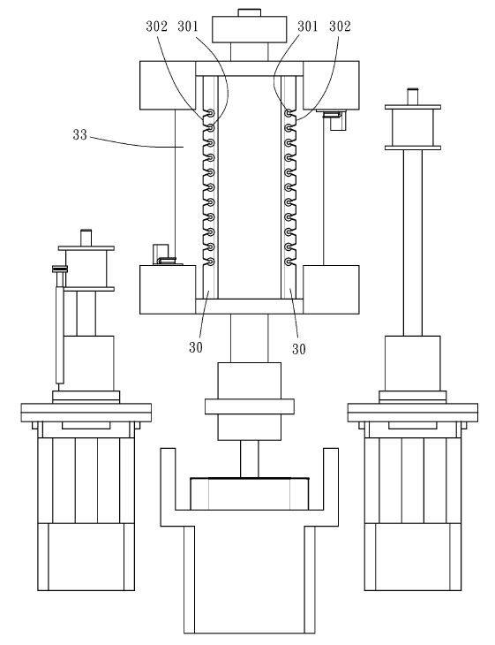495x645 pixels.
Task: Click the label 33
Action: tap(79, 135)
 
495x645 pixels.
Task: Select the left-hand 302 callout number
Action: tap(156, 27)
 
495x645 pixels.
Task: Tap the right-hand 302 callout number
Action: tap(340, 27)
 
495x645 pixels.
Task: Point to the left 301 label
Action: tap(188, 27)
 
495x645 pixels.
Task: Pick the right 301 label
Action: tap(308, 27)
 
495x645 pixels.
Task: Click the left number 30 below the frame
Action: tap(196, 347)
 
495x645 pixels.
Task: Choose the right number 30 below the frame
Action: tap(298, 349)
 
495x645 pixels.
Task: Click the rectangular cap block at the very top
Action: tap(249, 29)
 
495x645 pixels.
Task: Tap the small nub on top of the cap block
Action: tap(249, 12)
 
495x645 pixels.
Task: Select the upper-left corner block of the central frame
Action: tap(168, 86)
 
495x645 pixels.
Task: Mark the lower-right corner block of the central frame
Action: tap(331, 290)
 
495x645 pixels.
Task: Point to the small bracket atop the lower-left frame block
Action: tap(165, 255)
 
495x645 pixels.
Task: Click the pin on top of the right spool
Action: tap(412, 96)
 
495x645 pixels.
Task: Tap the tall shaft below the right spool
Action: tap(412, 243)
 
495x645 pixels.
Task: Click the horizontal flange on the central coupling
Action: tap(250, 406)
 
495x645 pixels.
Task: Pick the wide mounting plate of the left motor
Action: tap(86, 413)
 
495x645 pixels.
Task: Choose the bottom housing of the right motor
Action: tap(412, 557)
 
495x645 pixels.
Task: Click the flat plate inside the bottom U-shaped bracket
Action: tap(250, 494)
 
